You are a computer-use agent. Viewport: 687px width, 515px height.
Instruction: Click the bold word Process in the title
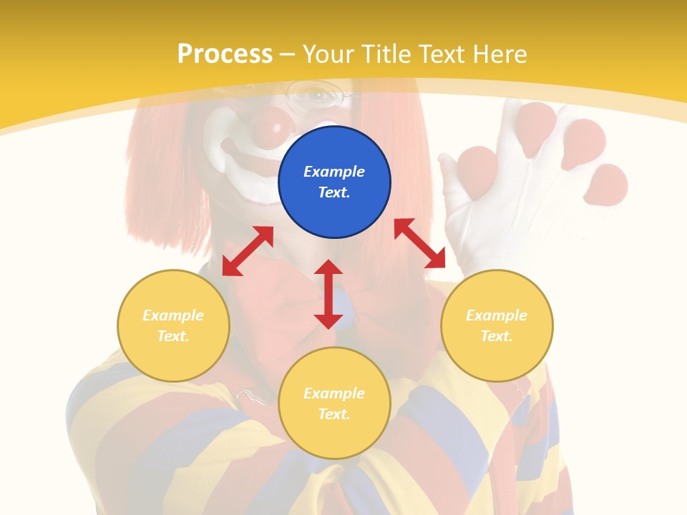click(x=225, y=54)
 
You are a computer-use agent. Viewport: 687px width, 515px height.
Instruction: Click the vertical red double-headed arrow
click(x=328, y=294)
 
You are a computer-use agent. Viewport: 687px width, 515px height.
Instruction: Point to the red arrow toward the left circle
click(x=248, y=250)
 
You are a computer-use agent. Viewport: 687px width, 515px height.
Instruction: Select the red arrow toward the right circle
click(x=419, y=243)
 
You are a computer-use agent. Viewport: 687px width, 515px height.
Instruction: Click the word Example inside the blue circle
click(x=334, y=172)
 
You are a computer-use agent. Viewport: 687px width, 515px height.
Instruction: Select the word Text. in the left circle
click(x=173, y=336)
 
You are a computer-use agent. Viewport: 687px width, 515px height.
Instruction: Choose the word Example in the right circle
click(x=497, y=315)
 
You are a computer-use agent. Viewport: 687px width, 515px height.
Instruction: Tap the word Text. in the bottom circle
click(x=334, y=414)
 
